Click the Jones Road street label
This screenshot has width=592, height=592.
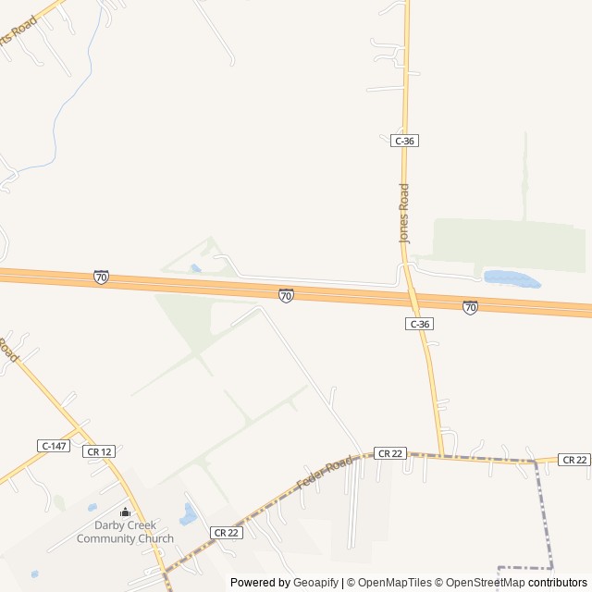(x=403, y=214)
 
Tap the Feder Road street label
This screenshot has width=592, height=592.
(x=324, y=471)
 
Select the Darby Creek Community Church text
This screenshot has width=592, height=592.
(x=125, y=533)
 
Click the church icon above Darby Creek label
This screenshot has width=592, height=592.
(x=125, y=512)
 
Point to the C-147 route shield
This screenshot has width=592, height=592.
(x=54, y=446)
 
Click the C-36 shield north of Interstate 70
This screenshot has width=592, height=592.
(x=404, y=141)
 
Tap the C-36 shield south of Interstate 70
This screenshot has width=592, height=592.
(x=419, y=324)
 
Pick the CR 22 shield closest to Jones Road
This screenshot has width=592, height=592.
(x=389, y=452)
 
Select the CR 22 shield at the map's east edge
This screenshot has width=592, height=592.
(x=574, y=460)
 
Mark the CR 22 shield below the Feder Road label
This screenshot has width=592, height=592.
(x=226, y=532)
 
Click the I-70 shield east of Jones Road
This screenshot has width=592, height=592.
(x=470, y=307)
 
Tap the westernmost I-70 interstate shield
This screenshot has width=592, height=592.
(x=101, y=277)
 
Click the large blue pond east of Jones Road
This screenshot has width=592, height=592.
(x=511, y=277)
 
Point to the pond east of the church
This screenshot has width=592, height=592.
(x=189, y=514)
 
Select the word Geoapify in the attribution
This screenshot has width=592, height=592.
(x=316, y=583)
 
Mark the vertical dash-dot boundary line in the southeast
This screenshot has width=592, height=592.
(x=543, y=509)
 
